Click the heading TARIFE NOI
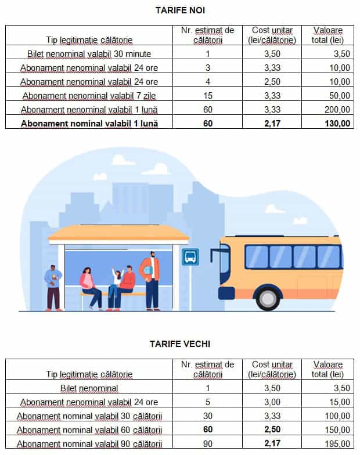tap(180, 10)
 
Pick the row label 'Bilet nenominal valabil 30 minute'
tap(89, 54)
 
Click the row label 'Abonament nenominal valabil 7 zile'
tap(89, 96)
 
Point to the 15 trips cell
tap(207, 95)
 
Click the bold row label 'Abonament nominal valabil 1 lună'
tap(89, 123)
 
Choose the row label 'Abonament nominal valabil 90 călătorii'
tap(89, 445)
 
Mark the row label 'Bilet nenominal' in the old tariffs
tap(89, 388)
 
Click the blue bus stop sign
tap(190, 257)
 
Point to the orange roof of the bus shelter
tap(118, 234)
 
